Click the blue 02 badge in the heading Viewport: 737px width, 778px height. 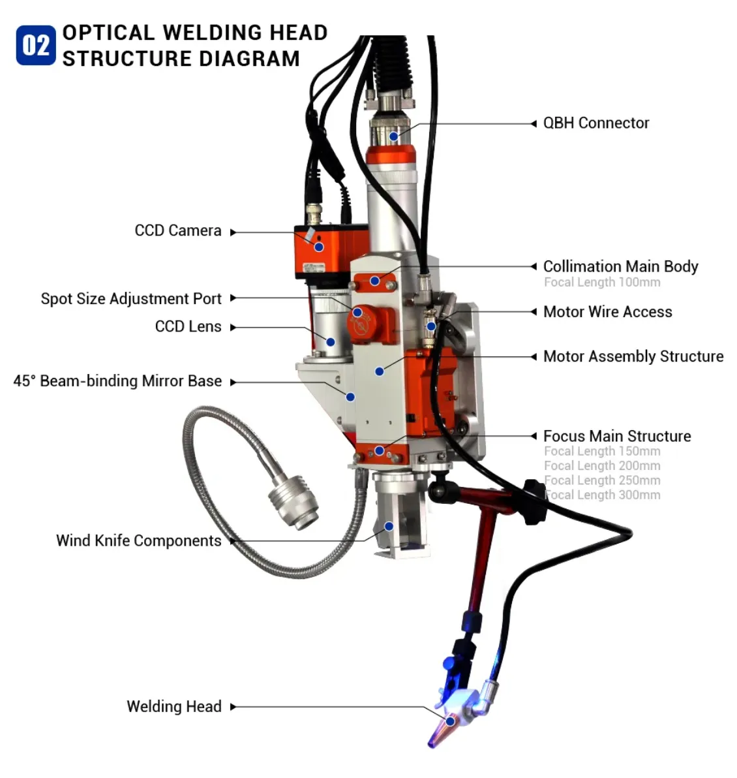pyautogui.click(x=36, y=45)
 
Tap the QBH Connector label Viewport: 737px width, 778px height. pyautogui.click(x=596, y=123)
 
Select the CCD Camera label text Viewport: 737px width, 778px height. pyautogui.click(x=178, y=230)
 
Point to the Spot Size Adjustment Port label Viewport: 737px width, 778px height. pyautogui.click(x=131, y=298)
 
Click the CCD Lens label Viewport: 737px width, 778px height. pyautogui.click(x=188, y=326)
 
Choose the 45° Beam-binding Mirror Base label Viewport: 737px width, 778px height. pyautogui.click(x=117, y=381)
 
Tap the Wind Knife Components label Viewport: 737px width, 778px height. pyautogui.click(x=138, y=540)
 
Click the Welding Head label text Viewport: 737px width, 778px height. pyautogui.click(x=174, y=706)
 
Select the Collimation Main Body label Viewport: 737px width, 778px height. pyautogui.click(x=620, y=266)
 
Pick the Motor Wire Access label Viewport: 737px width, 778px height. pyautogui.click(x=607, y=311)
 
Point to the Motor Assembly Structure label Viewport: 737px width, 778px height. pyautogui.click(x=633, y=356)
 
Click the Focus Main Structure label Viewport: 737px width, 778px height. pyautogui.click(x=617, y=436)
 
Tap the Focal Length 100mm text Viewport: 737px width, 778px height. pyautogui.click(x=602, y=282)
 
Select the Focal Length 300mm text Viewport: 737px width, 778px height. pyautogui.click(x=602, y=495)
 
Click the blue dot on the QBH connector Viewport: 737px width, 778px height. pyautogui.click(x=394, y=136)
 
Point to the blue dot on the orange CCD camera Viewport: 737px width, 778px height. pyautogui.click(x=319, y=247)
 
